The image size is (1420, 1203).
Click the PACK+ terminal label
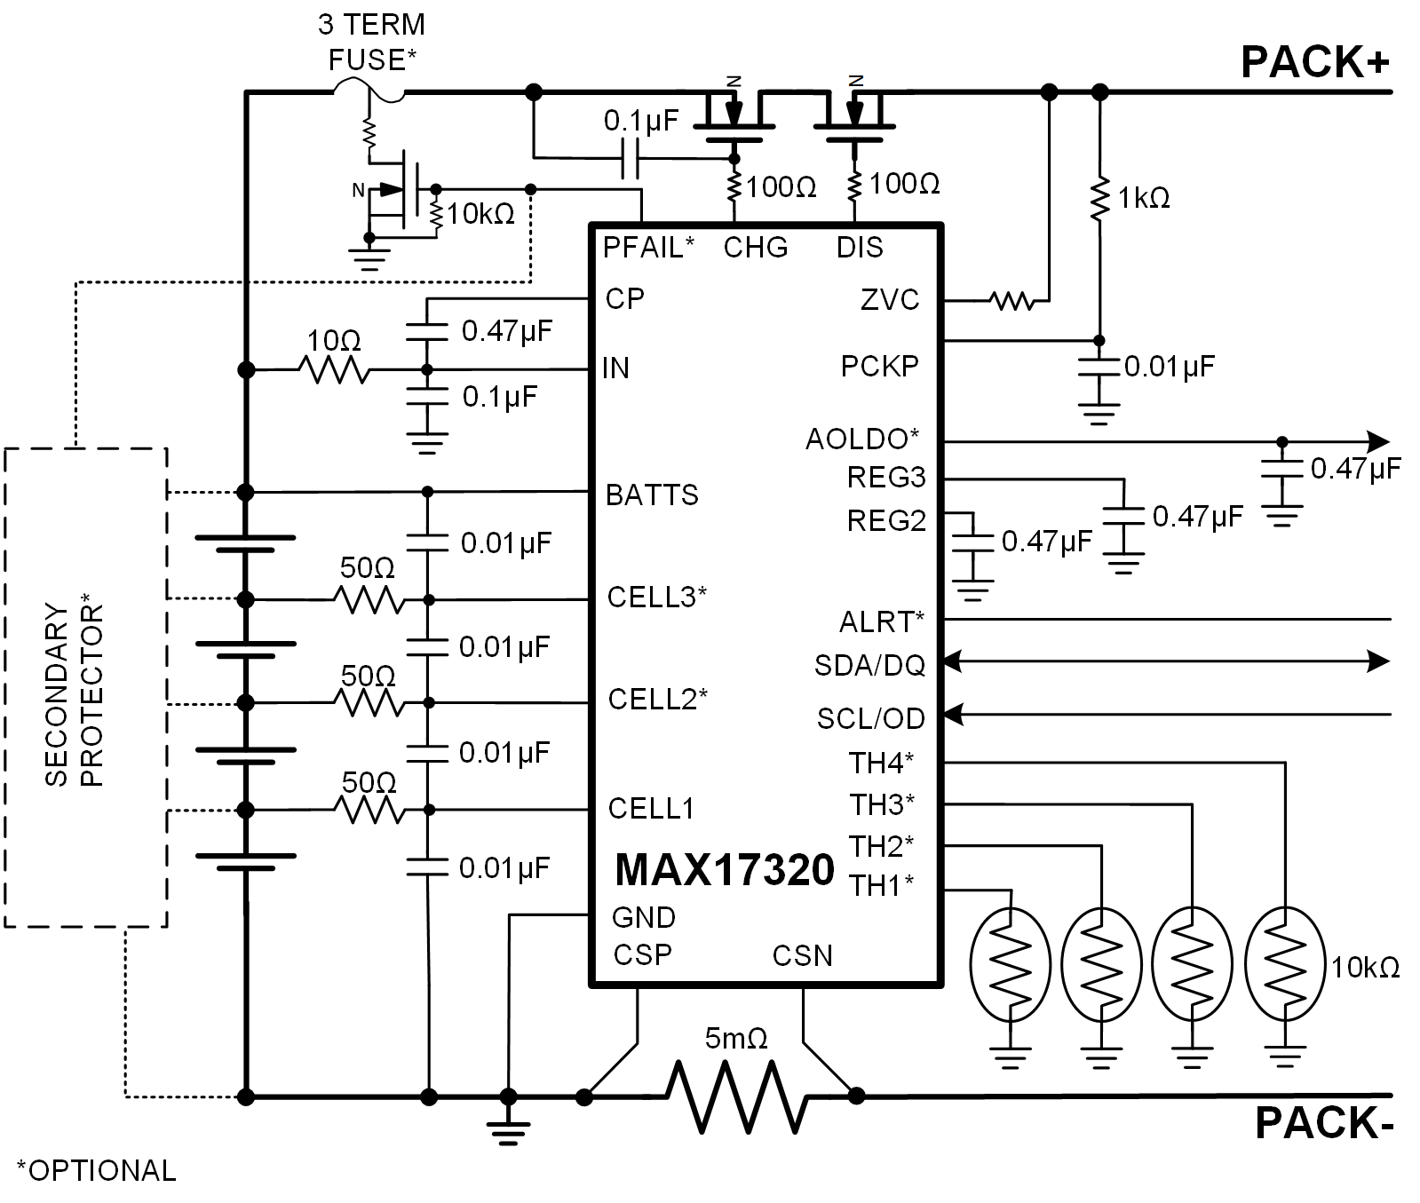[x=1314, y=62]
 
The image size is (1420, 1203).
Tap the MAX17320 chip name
[x=725, y=870]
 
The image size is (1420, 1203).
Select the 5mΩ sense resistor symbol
[x=737, y=1097]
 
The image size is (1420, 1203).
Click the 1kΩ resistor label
[x=1144, y=198]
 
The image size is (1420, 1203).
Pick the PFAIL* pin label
[x=648, y=247]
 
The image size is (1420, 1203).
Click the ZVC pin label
[x=890, y=300]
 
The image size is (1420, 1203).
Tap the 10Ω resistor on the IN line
[x=334, y=369]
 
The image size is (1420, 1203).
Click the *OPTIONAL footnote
[x=96, y=1170]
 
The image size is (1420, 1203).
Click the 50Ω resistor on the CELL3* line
[x=369, y=601]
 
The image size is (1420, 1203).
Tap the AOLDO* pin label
[x=861, y=439]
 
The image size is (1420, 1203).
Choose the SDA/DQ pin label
[x=869, y=665]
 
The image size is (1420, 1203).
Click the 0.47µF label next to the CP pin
[x=506, y=331]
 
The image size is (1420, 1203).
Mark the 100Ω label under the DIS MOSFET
[x=904, y=184]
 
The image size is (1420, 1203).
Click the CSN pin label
[x=802, y=955]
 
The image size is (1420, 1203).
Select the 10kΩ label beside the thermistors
[x=1364, y=967]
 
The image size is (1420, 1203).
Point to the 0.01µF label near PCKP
[x=1169, y=366]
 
